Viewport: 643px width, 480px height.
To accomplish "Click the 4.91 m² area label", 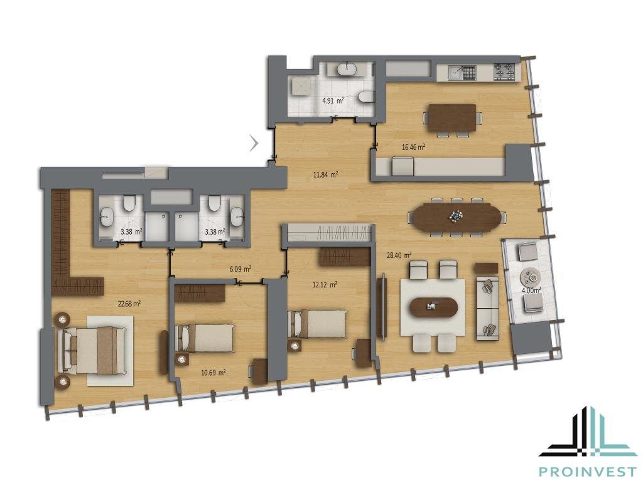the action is [333, 100].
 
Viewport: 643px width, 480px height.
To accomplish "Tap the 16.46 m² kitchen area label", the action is [413, 147].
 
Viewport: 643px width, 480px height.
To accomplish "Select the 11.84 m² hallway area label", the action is [326, 174].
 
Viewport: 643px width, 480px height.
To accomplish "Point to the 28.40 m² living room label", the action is [399, 255].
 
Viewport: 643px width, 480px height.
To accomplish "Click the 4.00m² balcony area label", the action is [531, 289].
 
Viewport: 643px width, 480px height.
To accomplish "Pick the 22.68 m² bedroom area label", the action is [129, 304].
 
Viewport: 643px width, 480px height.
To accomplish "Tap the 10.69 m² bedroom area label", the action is [213, 373].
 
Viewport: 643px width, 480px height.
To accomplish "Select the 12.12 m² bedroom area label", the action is [325, 284].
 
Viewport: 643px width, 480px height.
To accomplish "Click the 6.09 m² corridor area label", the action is [240, 269].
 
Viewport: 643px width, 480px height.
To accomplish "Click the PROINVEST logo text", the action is [587, 471].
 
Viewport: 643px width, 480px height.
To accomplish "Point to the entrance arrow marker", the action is [255, 143].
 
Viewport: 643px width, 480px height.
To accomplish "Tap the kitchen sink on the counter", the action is [456, 73].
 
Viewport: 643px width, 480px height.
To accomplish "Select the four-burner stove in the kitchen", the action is [504, 72].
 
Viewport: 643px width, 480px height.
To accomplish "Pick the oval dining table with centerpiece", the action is [457, 216].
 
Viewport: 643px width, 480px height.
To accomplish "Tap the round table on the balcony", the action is [531, 277].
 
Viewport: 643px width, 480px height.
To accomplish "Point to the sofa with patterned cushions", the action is [487, 308].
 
